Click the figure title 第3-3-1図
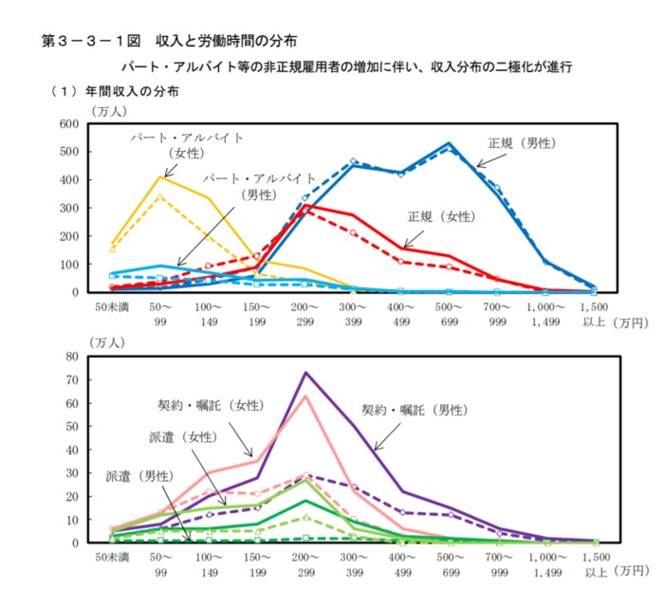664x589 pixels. [91, 41]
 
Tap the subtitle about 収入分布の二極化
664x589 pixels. [346, 68]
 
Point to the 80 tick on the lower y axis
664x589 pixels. [70, 357]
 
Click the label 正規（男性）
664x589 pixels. [522, 143]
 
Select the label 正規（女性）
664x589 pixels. [442, 215]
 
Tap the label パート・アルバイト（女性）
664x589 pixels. [187, 144]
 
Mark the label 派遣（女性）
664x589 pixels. [184, 437]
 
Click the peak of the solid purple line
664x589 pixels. [305, 373]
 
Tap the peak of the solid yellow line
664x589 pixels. [161, 175]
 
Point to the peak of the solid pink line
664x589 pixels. [305, 396]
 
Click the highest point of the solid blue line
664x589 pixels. [449, 143]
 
